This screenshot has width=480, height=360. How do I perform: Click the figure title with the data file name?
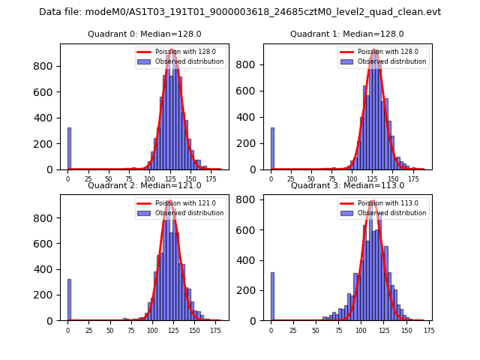click(x=240, y=12)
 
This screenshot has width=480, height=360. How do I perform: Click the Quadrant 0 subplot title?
click(x=144, y=34)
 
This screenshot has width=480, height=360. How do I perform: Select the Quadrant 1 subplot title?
click(x=346, y=34)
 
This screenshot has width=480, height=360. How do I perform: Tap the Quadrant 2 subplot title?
click(x=144, y=185)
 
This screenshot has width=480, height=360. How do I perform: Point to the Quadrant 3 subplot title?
click(x=346, y=185)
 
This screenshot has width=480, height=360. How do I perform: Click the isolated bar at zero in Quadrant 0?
click(x=69, y=148)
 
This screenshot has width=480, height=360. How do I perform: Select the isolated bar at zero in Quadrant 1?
click(x=272, y=148)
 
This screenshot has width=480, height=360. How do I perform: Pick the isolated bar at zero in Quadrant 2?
click(x=69, y=300)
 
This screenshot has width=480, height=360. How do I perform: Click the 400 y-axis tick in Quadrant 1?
click(x=252, y=118)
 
